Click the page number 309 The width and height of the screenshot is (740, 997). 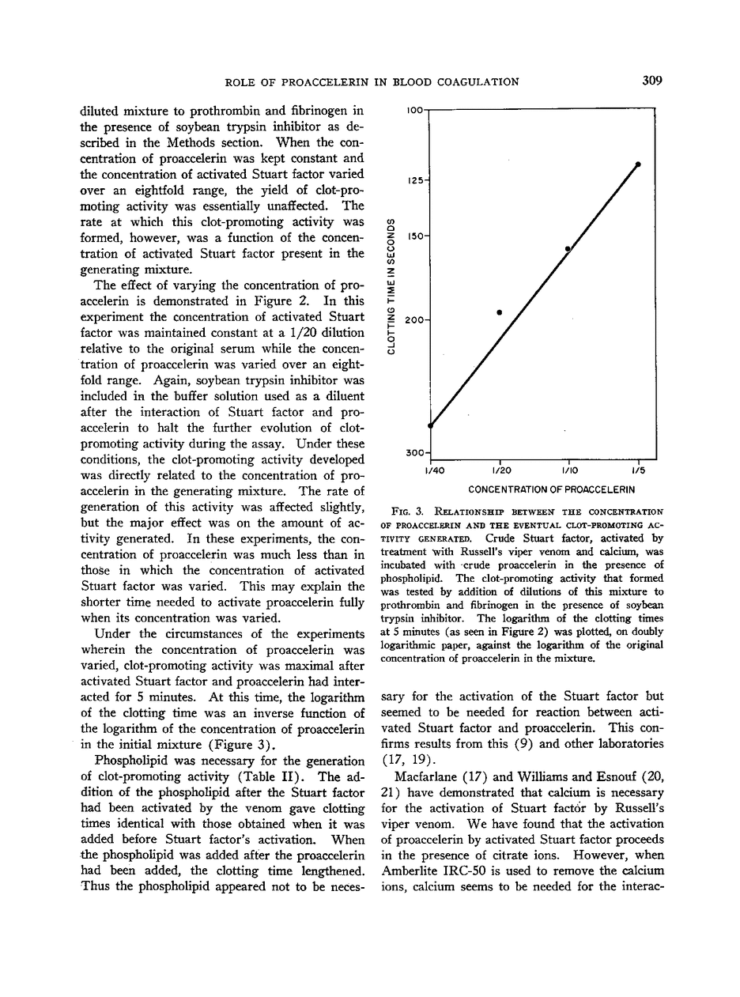[x=652, y=81]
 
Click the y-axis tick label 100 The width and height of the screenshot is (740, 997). [x=416, y=110]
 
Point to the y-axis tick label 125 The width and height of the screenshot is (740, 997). [x=416, y=181]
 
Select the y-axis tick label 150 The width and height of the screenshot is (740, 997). [x=416, y=236]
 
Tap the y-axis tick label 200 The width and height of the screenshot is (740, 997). [x=416, y=320]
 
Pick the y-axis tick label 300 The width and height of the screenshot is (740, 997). [x=416, y=454]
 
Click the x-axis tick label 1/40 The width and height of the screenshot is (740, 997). [x=432, y=471]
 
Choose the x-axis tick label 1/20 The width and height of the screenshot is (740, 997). [x=500, y=471]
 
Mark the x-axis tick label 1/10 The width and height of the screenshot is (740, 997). [x=568, y=471]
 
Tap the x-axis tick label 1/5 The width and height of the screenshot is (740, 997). [x=638, y=471]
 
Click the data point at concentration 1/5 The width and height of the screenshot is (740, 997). [x=638, y=164]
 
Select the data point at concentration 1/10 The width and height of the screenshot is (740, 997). [x=568, y=249]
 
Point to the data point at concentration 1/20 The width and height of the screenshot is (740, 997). [x=500, y=312]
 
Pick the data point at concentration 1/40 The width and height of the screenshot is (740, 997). [x=430, y=425]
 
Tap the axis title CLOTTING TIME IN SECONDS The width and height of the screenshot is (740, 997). [x=391, y=287]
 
